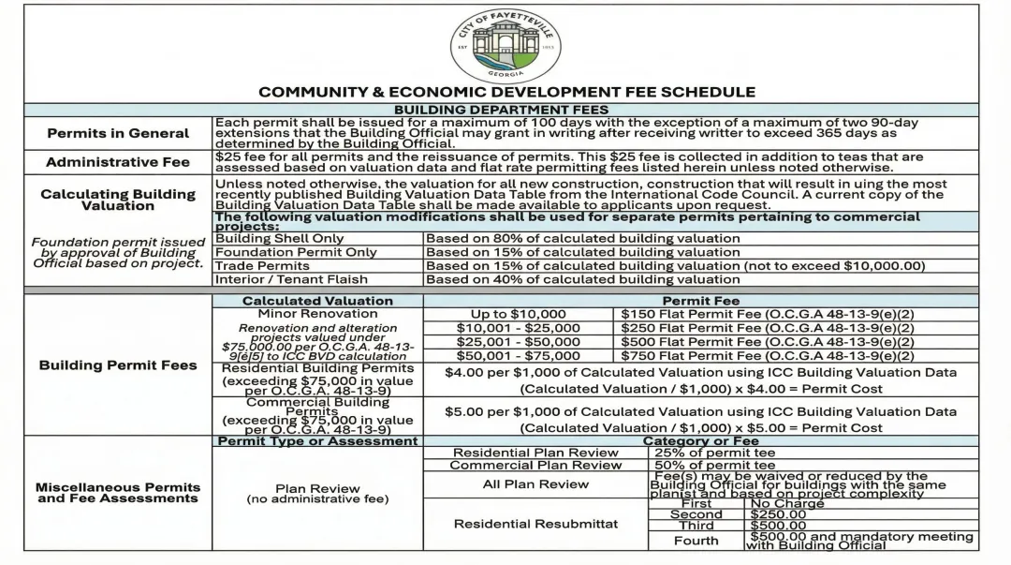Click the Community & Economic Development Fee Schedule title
tap(506, 92)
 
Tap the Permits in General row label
tap(118, 133)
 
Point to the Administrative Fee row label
tap(118, 162)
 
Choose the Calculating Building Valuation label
tap(118, 200)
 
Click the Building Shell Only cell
tap(280, 238)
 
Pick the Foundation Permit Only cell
tap(296, 252)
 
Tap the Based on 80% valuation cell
tap(582, 238)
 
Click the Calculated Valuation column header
tap(317, 301)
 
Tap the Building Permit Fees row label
tap(118, 364)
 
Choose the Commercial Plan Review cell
tap(535, 465)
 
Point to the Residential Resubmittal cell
tap(535, 524)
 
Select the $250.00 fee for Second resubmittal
tap(779, 514)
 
